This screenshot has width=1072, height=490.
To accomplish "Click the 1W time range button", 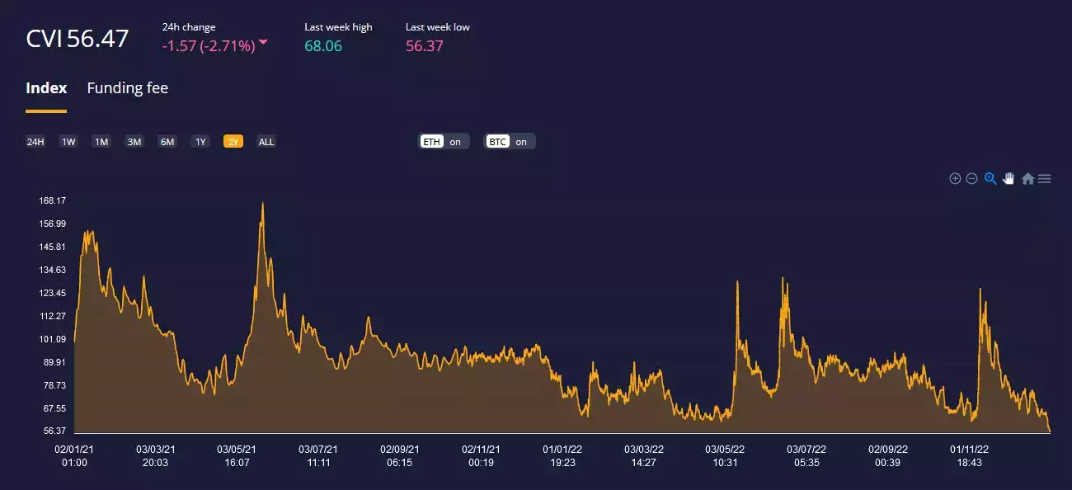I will click(68, 142).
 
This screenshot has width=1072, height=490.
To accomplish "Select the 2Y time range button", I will click(233, 142).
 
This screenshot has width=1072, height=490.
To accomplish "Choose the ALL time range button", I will click(266, 142).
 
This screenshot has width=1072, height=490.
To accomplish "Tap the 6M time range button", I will click(167, 142).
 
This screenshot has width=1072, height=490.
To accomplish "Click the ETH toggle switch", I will click(444, 142).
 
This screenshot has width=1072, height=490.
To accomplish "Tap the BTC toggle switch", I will click(510, 142).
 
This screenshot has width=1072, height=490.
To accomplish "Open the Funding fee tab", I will click(127, 88).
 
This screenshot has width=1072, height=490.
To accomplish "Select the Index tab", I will click(46, 88).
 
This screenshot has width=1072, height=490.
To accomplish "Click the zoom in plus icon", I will click(955, 178).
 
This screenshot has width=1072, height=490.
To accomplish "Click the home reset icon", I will click(1027, 178).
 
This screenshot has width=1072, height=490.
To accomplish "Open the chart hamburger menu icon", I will click(1045, 178).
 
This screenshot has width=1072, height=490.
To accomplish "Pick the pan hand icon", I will click(1009, 178).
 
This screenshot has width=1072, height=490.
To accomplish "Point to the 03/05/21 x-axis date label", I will click(237, 450).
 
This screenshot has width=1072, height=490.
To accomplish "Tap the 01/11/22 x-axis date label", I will click(969, 450).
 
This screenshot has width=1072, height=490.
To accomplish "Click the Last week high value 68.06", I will click(323, 46).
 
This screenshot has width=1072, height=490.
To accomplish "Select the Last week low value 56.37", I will click(424, 46).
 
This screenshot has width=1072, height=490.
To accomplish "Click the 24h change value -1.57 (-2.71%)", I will click(209, 46).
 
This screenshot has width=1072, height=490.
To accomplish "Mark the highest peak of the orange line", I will click(262, 203).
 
